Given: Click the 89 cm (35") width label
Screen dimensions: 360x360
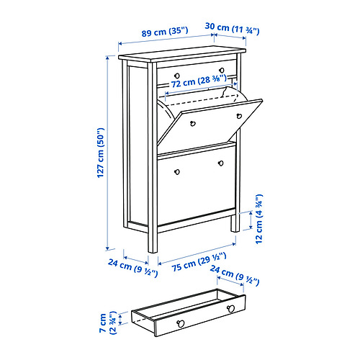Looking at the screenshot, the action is pyautogui.click(x=165, y=32).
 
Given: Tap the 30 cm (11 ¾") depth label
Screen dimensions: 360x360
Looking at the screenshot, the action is pyautogui.click(x=232, y=28).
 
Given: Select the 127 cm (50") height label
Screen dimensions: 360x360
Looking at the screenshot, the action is pyautogui.click(x=101, y=153).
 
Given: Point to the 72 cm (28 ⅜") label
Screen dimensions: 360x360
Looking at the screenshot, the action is pyautogui.click(x=199, y=81).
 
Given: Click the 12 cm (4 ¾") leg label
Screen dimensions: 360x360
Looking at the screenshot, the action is pyautogui.click(x=259, y=219).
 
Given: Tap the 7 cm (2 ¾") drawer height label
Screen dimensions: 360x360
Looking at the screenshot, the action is pyautogui.click(x=108, y=323).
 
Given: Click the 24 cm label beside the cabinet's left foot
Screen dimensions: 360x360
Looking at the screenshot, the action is pyautogui.click(x=132, y=268).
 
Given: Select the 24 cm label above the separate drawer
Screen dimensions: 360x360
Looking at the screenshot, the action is pyautogui.click(x=235, y=276).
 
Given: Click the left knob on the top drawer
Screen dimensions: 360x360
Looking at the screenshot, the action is pyautogui.click(x=177, y=76).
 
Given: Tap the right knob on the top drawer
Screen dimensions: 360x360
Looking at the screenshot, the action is pyautogui.click(x=222, y=71).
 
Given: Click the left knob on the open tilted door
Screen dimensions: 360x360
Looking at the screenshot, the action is pyautogui.click(x=192, y=124).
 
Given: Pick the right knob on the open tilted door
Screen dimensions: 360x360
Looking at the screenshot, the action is pyautogui.click(x=239, y=116).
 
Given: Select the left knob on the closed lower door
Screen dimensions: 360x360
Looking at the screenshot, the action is pyautogui.click(x=177, y=172).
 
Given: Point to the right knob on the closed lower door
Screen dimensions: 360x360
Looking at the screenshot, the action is pyautogui.click(x=221, y=163).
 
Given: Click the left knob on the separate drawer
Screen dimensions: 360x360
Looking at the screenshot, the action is pyautogui.click(x=181, y=323).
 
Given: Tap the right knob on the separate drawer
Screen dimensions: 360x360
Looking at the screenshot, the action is pyautogui.click(x=231, y=309).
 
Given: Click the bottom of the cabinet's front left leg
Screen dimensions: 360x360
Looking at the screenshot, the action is pyautogui.click(x=153, y=252).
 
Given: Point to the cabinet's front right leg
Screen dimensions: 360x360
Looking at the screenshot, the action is pyautogui.click(x=235, y=223).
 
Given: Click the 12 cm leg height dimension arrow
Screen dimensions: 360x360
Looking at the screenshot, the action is pyautogui.click(x=251, y=220).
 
